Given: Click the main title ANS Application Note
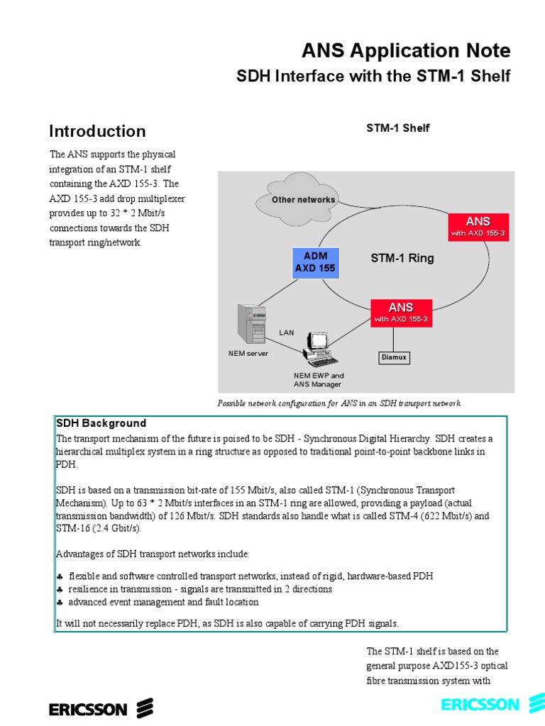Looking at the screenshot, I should click(x=405, y=51).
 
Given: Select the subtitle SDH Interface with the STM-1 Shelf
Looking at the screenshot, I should click(x=373, y=76).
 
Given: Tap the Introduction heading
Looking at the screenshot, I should click(x=97, y=131).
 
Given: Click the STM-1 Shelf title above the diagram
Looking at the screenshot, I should click(x=398, y=128).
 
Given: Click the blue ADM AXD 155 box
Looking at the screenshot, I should click(x=315, y=262).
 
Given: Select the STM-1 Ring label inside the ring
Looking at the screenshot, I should click(x=402, y=258).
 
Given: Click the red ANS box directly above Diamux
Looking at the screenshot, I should click(x=401, y=313).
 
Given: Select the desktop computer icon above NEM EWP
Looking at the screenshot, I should click(x=316, y=347).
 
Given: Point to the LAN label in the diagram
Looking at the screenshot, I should click(x=286, y=332).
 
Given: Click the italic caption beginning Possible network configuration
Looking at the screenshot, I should click(x=338, y=403).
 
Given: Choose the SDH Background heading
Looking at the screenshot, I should click(x=101, y=423).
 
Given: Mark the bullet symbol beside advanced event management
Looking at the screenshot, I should click(x=60, y=602).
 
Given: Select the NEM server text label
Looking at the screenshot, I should click(x=243, y=353).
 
